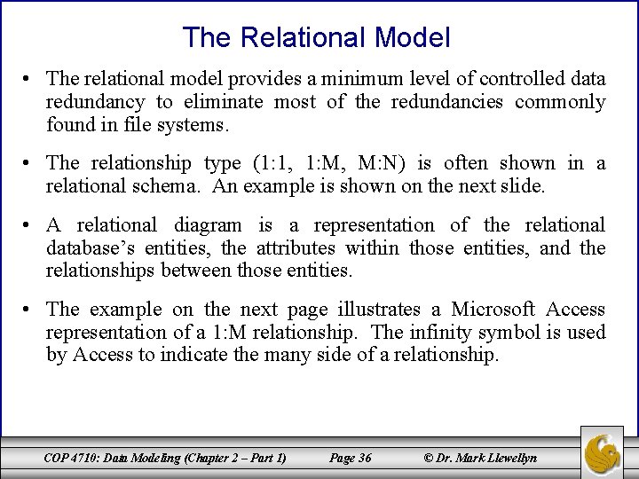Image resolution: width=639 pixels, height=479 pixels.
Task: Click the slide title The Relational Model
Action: (316, 37)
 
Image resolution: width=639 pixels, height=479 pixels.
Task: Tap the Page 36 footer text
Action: (350, 458)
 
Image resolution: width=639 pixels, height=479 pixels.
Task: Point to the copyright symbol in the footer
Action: (430, 458)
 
